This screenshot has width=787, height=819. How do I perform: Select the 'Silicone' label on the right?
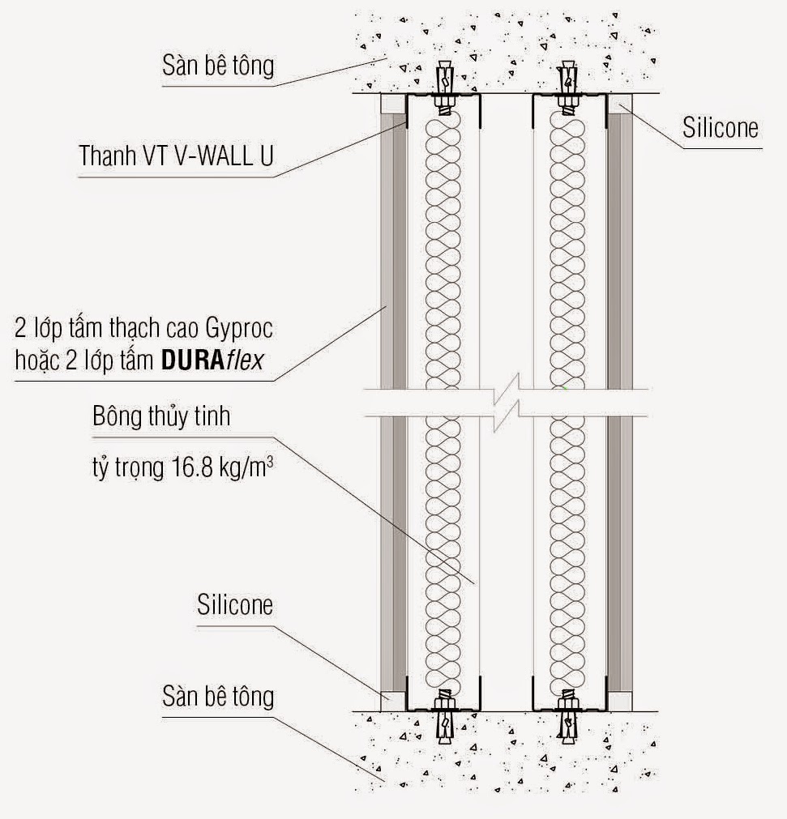(720, 128)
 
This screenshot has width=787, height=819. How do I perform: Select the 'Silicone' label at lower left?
(234, 605)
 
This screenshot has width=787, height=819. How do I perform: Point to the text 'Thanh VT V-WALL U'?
(176, 155)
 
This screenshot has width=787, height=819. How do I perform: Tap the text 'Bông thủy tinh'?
(161, 417)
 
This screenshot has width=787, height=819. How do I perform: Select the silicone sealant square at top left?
(392, 104)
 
